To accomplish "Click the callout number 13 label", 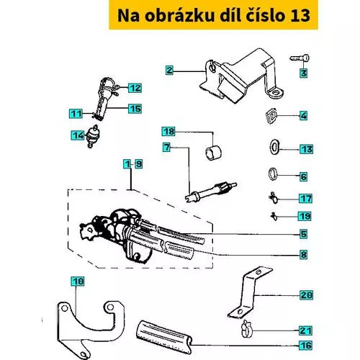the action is (x=307, y=149).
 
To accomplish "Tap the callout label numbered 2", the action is (x=169, y=70).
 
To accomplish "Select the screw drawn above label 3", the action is (x=300, y=58).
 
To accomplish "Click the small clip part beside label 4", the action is (x=271, y=116).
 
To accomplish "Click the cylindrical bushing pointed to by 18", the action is (x=213, y=153).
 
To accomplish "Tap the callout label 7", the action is (x=167, y=147).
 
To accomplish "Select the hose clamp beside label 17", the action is (x=274, y=197).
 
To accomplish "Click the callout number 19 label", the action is (x=305, y=216).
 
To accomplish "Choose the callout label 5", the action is (x=304, y=234).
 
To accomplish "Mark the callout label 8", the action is (x=304, y=254).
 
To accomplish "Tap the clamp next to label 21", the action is (x=246, y=328).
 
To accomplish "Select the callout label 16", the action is (x=306, y=345).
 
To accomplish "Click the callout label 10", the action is (x=78, y=281).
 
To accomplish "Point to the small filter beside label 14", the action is (x=92, y=136).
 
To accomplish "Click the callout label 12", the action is (x=135, y=88).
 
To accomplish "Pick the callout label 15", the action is (x=135, y=109).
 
